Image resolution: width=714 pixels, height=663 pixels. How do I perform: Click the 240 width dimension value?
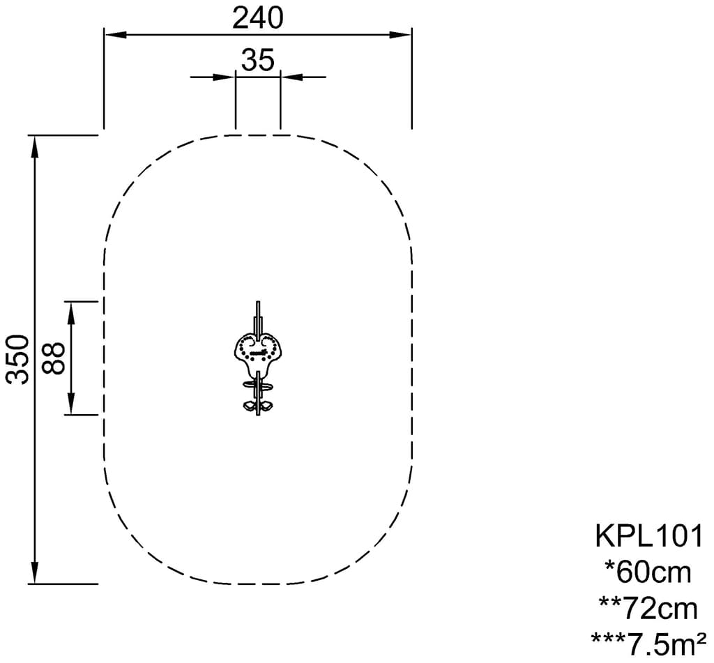[258, 18]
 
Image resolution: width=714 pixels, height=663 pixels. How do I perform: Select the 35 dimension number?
[258, 60]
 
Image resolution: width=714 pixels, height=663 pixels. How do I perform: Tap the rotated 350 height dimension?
[19, 359]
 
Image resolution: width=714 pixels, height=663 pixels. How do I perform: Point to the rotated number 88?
[54, 358]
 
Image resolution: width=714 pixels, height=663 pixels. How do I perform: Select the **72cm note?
[648, 609]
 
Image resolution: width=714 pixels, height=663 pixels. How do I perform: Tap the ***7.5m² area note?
[648, 643]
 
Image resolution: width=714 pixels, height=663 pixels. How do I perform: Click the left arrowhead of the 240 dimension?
[116, 35]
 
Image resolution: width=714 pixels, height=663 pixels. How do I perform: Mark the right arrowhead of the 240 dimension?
[401, 35]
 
